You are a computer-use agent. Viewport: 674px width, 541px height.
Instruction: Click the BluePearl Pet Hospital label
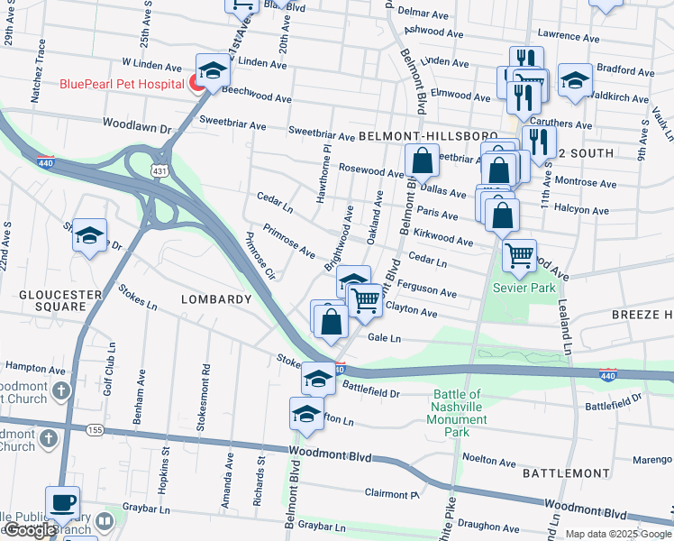122,85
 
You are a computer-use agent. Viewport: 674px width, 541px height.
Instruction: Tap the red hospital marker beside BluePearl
196,84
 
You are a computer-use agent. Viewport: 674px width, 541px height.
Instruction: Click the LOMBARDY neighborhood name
215,299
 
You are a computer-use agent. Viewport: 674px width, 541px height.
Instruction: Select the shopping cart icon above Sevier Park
520,256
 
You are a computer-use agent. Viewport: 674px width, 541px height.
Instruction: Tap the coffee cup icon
63,502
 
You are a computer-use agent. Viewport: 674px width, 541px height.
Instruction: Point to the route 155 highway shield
95,430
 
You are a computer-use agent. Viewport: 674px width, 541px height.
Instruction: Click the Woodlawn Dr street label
136,127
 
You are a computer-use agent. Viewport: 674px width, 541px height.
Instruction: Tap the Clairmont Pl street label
392,493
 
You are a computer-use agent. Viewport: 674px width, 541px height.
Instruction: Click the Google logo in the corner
30,530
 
